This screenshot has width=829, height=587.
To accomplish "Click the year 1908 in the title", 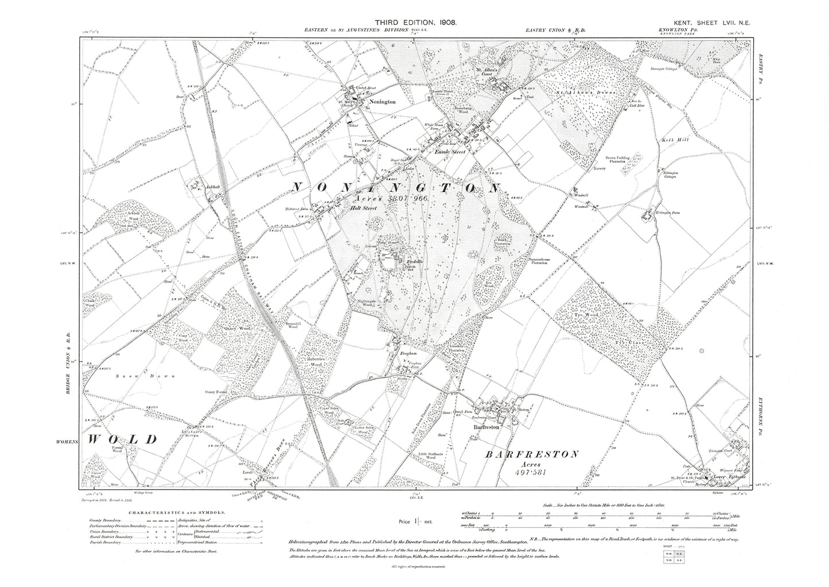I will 445,21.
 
